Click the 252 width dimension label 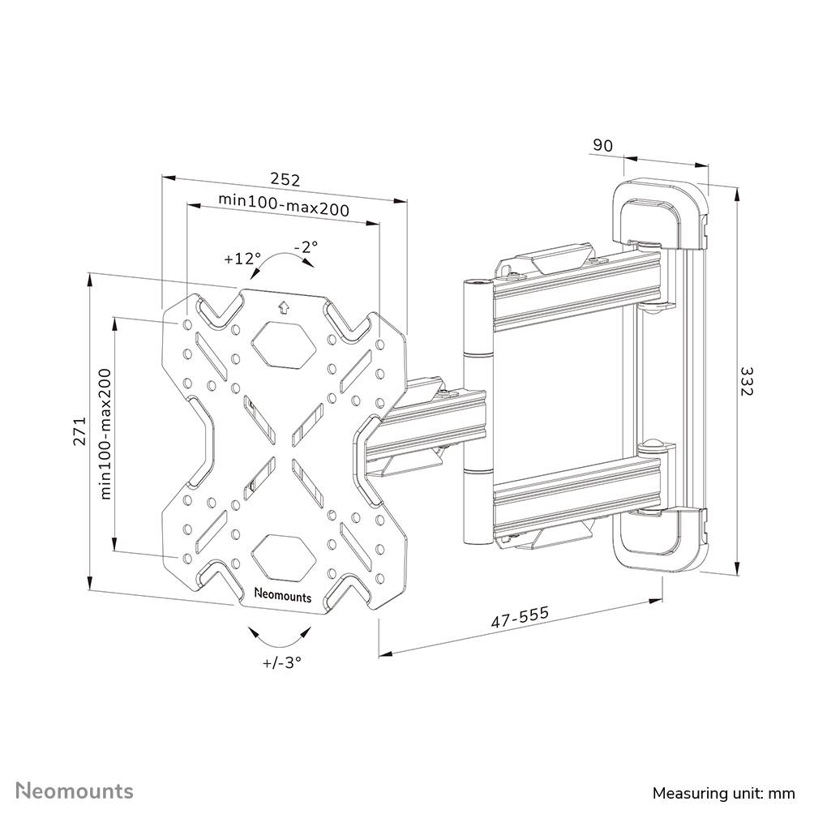click(285, 178)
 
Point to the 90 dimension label click(602, 146)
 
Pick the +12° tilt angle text click(242, 259)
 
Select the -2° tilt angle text click(306, 246)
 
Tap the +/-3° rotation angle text click(282, 662)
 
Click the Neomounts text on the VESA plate click(282, 596)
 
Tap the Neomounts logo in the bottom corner click(75, 789)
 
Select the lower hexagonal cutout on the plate click(282, 555)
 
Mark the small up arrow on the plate click(282, 307)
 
